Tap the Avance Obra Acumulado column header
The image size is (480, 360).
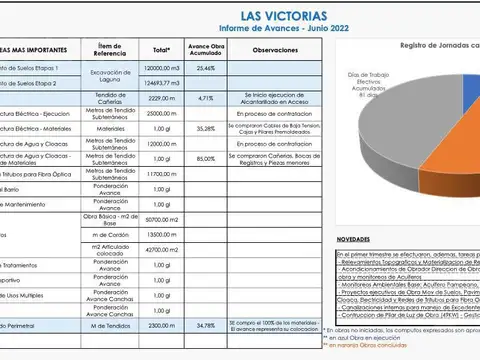point(206,49)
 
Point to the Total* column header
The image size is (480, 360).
point(161,49)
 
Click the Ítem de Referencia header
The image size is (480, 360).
point(104,49)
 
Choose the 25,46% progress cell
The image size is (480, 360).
point(206,68)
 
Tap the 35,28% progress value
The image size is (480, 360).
point(206,129)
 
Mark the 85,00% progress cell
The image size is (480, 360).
point(206,158)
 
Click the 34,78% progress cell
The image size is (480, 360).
point(206,326)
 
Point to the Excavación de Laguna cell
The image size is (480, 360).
point(104,75)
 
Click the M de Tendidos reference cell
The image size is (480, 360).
point(104,326)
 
